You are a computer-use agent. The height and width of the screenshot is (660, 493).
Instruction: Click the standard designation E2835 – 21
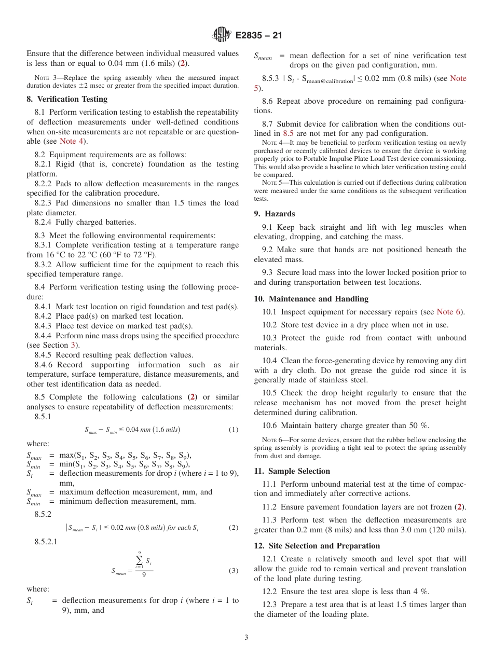[258, 36]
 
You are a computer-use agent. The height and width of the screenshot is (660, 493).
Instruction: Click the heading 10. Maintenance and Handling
[311, 299]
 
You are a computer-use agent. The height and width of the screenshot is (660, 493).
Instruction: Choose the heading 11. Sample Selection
[292, 471]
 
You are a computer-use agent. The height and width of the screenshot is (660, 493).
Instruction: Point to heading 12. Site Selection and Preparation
[317, 546]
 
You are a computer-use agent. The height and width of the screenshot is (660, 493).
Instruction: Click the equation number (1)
[233, 430]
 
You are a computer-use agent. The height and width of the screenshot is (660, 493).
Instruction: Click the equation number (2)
[233, 528]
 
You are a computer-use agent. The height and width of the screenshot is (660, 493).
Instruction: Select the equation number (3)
[233, 571]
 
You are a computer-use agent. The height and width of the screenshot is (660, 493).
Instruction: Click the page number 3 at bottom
[246, 637]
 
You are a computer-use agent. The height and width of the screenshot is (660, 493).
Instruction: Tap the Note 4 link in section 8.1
[71, 141]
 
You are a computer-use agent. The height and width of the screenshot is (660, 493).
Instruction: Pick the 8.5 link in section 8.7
[288, 133]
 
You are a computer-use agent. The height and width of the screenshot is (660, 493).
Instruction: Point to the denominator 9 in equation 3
[144, 575]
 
